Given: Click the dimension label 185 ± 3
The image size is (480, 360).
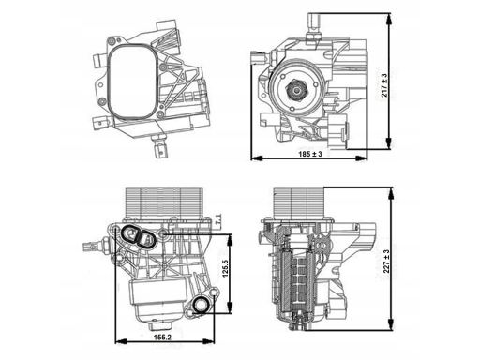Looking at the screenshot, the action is point(310,154).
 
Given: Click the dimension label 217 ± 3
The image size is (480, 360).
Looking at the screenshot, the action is point(384,85).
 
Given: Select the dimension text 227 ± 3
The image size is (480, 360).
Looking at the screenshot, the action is point(387,262).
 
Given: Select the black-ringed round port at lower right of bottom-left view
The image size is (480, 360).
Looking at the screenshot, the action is point(201,305).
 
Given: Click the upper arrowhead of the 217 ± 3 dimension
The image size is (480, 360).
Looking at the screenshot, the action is point(388,20).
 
